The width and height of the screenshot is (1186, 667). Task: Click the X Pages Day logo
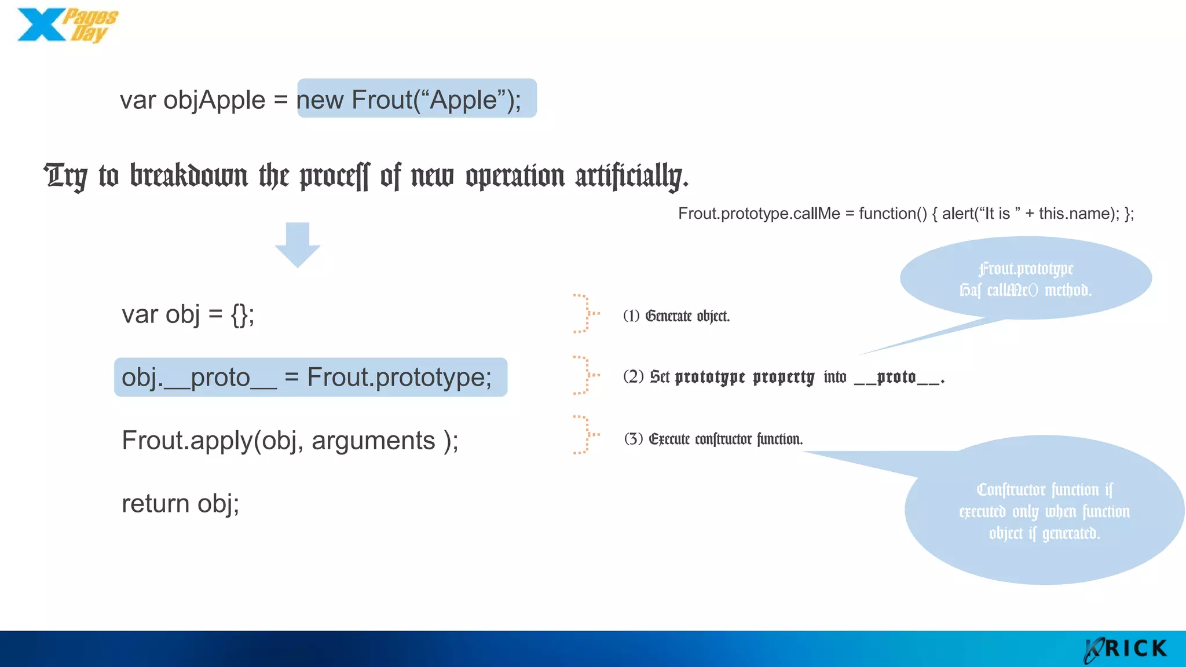click(67, 25)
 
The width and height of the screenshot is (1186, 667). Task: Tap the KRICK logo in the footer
click(1126, 649)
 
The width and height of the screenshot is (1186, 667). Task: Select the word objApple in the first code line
click(214, 100)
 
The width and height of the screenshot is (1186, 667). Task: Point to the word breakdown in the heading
click(189, 176)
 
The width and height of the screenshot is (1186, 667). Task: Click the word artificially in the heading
click(631, 176)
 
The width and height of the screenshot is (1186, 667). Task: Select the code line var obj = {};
click(188, 315)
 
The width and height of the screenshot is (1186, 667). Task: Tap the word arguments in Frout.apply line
click(374, 441)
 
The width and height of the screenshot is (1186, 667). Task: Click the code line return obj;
click(180, 504)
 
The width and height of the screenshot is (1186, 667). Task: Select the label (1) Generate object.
click(676, 316)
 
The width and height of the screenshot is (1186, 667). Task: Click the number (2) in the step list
click(633, 377)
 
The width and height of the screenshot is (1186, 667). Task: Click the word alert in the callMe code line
click(958, 214)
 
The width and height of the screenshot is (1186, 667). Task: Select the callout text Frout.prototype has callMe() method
click(1026, 279)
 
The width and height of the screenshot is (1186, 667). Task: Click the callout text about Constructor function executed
click(1044, 511)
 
